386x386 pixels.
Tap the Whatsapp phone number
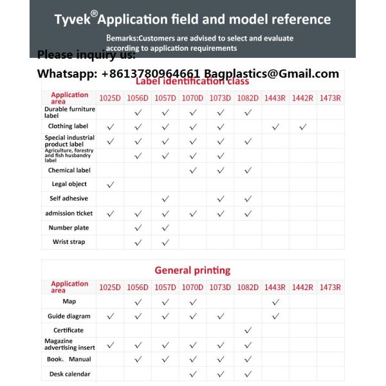coord(151,74)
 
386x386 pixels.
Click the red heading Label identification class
coord(192,82)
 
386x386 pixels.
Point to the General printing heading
coord(192,270)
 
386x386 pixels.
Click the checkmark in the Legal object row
coord(110,185)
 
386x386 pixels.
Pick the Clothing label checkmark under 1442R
coord(302,127)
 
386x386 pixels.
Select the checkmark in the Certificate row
coord(248,330)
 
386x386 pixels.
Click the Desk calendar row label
coord(69,374)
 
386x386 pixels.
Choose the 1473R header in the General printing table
coord(330,287)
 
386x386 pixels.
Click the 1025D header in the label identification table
coord(109,98)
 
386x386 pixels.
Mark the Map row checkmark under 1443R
coord(275,302)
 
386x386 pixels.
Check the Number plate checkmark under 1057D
coord(165,228)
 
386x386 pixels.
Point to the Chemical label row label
coord(69,170)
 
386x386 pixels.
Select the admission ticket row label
coord(69,213)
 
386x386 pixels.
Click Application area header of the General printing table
coord(69,287)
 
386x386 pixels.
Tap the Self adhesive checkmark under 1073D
coord(221,199)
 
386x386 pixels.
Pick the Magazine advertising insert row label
coord(69,344)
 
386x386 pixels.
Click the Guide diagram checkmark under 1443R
coord(275,316)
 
